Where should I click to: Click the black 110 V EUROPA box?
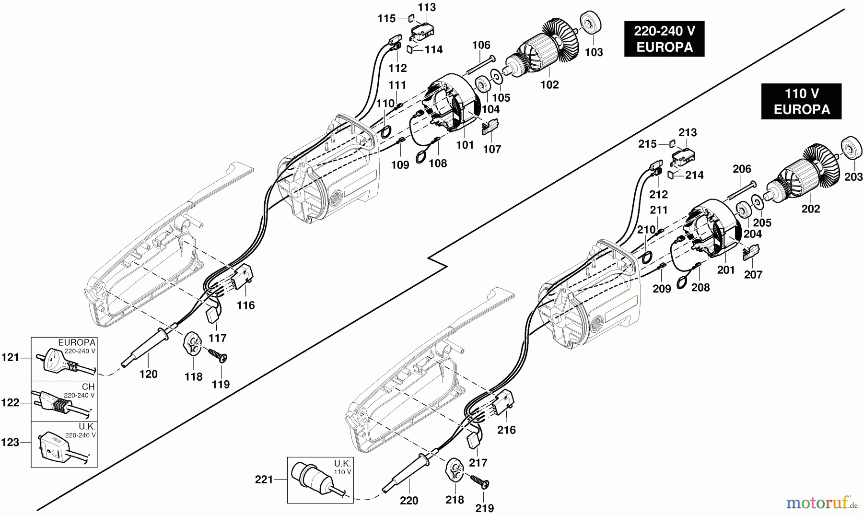point(801,102)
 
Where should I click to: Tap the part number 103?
point(594,52)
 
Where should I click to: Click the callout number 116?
point(245,305)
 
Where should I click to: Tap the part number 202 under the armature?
point(810,209)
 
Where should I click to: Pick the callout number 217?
point(478,463)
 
